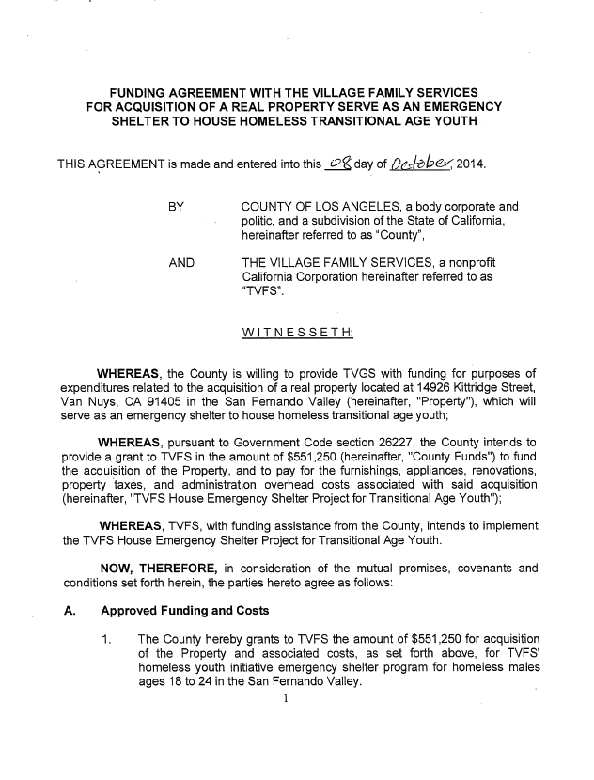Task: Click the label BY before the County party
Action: tap(176, 205)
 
